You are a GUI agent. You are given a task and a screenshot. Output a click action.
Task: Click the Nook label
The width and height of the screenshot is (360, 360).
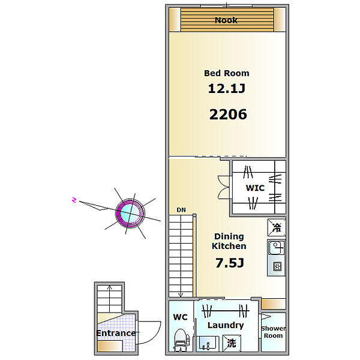point(226,20)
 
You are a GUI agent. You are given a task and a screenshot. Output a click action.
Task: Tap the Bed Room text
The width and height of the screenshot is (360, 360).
point(227,73)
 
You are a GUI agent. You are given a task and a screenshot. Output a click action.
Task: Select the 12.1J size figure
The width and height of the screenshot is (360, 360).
point(227,88)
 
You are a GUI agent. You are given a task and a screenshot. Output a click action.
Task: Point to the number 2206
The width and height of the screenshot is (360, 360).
point(228,115)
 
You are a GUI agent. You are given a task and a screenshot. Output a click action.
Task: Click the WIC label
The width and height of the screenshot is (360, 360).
point(255,188)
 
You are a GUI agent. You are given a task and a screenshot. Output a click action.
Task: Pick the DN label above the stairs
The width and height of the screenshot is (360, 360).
point(181,210)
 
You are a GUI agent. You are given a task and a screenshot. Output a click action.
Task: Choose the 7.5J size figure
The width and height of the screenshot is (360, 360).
point(230,263)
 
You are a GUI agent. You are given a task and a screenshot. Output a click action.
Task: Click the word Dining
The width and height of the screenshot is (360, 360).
point(229,236)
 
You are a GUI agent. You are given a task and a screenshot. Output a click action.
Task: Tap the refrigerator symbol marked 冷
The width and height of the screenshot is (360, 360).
point(277,227)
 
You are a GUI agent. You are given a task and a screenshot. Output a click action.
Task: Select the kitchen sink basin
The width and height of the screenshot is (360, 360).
point(277,248)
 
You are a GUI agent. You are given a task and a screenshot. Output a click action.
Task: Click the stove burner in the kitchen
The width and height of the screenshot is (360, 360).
point(277,266)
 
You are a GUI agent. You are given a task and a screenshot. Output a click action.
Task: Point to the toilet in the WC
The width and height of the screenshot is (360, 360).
point(182,340)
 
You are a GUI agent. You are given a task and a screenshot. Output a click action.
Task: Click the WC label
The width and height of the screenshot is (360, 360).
point(180,317)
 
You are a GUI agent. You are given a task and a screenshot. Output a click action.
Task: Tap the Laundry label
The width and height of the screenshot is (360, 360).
point(226,325)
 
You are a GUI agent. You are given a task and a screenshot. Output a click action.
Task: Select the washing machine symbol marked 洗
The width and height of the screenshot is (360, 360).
point(232,343)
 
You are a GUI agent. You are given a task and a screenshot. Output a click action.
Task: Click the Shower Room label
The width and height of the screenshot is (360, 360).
point(273,332)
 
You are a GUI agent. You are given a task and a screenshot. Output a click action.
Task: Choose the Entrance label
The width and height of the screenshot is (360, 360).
point(116,333)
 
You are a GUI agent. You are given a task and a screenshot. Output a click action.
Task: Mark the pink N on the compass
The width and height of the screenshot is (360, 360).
point(74,200)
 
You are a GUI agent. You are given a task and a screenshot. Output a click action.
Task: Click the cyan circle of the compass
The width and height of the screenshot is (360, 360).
point(130,213)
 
